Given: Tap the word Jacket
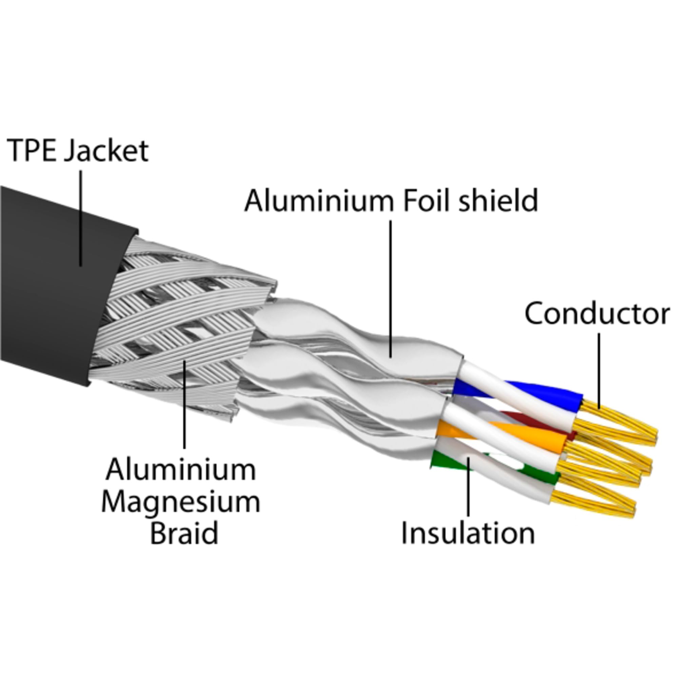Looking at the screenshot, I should (106, 151).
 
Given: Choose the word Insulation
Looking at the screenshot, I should (468, 533).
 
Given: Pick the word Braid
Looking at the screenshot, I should (184, 533).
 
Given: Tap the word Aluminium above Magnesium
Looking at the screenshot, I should (181, 470).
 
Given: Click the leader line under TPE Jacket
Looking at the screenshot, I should (81, 218).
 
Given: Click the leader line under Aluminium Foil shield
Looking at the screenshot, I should (391, 288).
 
